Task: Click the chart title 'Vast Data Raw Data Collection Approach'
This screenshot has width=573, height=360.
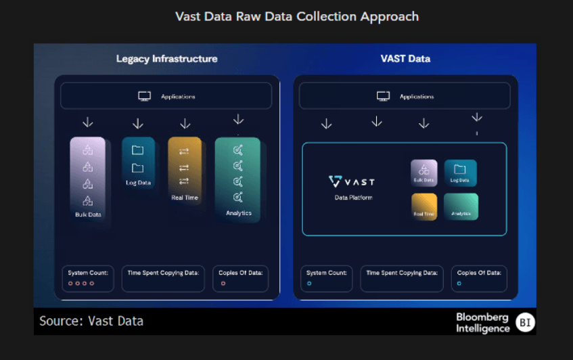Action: click(x=297, y=16)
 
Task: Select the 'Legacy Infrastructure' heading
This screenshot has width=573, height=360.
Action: click(x=166, y=59)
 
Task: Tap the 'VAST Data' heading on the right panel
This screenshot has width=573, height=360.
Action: click(x=405, y=59)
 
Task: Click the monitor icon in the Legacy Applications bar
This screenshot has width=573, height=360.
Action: click(x=144, y=96)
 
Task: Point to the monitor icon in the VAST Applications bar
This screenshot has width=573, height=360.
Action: click(x=383, y=96)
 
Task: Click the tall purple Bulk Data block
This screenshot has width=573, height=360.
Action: click(x=88, y=180)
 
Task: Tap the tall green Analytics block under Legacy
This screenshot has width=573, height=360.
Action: click(x=237, y=179)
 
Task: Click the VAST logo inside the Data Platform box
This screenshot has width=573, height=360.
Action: click(x=351, y=181)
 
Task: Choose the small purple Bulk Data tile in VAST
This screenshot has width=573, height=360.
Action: click(x=424, y=173)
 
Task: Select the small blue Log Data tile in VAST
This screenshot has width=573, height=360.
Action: click(x=460, y=173)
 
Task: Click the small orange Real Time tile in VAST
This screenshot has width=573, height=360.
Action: click(x=424, y=206)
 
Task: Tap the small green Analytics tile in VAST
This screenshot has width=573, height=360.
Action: click(x=461, y=206)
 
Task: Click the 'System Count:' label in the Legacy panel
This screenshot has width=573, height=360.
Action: click(x=88, y=273)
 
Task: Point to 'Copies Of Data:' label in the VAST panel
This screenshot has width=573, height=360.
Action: click(x=479, y=273)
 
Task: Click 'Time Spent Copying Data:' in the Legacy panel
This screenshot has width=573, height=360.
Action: click(x=163, y=273)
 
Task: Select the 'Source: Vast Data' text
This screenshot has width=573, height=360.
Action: click(x=91, y=321)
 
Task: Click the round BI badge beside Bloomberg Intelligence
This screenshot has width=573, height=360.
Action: click(x=525, y=323)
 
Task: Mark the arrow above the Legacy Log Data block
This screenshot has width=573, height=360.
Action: click(x=138, y=124)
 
